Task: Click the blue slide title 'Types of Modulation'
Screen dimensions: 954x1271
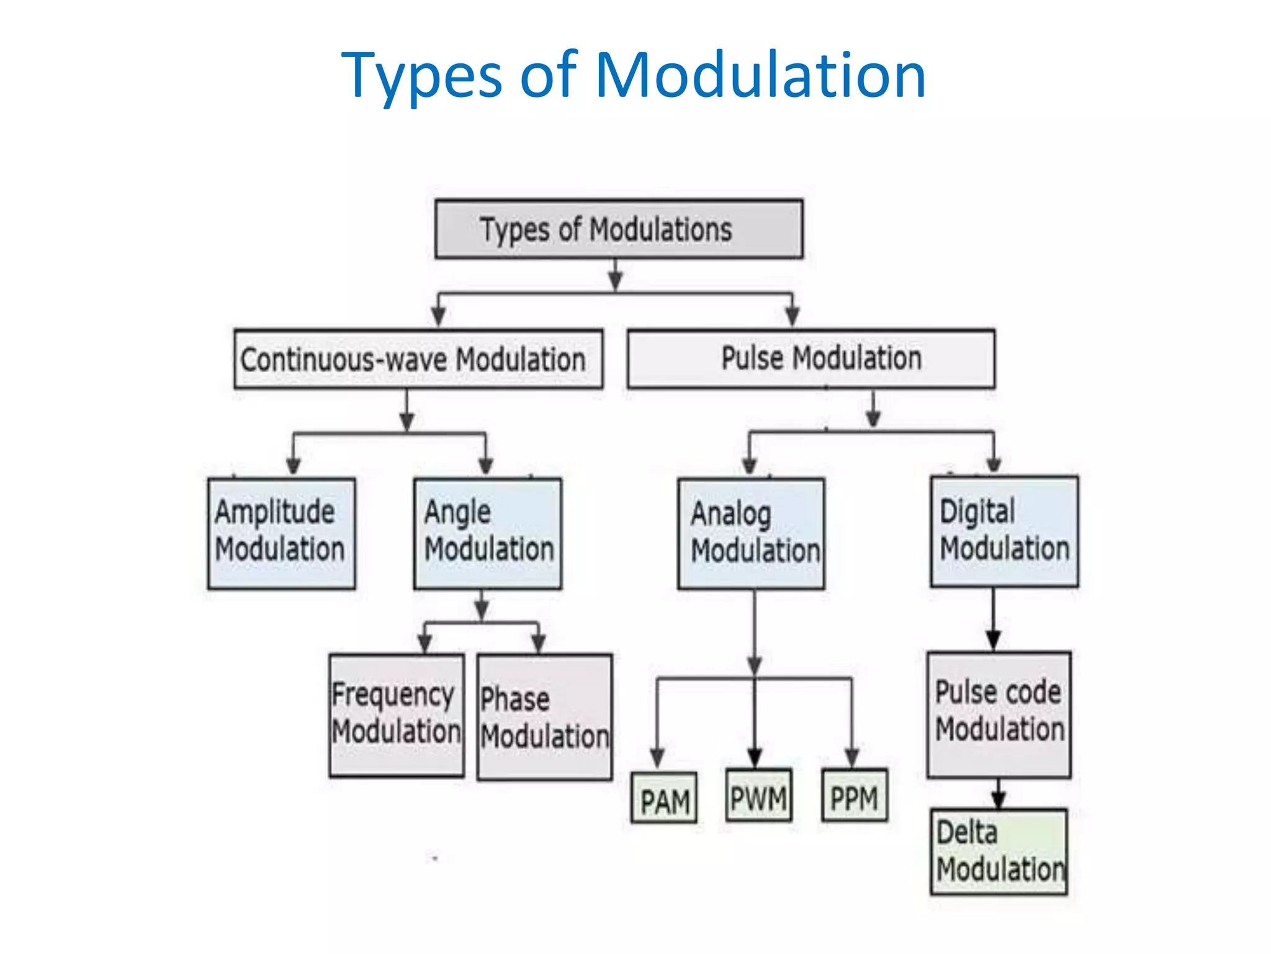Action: pyautogui.click(x=634, y=76)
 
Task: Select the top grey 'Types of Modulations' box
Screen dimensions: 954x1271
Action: pyautogui.click(x=619, y=229)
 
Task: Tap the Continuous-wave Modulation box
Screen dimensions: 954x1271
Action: pyautogui.click(x=418, y=359)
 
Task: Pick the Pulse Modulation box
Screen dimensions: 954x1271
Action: pyautogui.click(x=811, y=359)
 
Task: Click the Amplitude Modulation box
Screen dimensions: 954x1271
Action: pyautogui.click(x=282, y=533)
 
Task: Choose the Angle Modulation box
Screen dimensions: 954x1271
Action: pyautogui.click(x=488, y=533)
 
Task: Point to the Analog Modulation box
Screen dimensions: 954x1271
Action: pyautogui.click(x=752, y=533)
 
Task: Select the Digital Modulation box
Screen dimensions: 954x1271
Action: pyautogui.click(x=1004, y=532)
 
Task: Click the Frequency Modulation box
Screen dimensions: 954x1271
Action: pyautogui.click(x=397, y=715)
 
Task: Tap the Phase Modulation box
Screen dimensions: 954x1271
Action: pyautogui.click(x=544, y=717)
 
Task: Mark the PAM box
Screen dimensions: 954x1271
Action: pyautogui.click(x=664, y=798)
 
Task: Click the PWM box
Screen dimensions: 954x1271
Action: pyautogui.click(x=758, y=796)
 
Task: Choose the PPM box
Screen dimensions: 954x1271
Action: pyautogui.click(x=855, y=796)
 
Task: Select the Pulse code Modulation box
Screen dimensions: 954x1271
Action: pyautogui.click(x=999, y=714)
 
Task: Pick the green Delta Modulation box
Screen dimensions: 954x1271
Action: pyautogui.click(x=999, y=851)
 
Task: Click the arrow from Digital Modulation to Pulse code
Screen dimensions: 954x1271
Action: pyautogui.click(x=993, y=621)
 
